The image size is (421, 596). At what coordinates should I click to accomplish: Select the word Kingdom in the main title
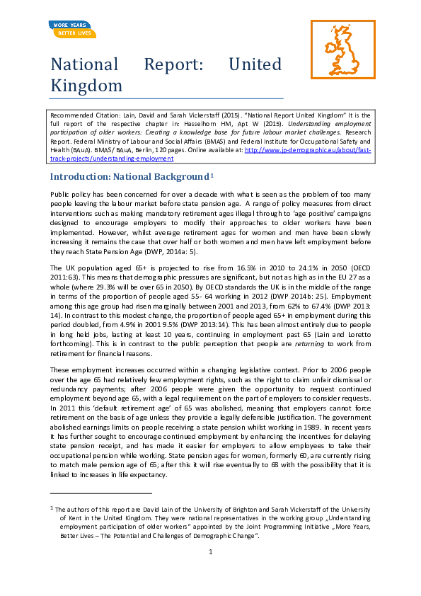point(86,86)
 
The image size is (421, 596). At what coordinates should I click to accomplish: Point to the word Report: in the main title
point(173,64)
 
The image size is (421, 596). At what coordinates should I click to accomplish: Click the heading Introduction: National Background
point(128,176)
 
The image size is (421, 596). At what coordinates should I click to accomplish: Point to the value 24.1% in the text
point(298,268)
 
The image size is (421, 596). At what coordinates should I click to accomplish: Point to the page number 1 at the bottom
point(210,551)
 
